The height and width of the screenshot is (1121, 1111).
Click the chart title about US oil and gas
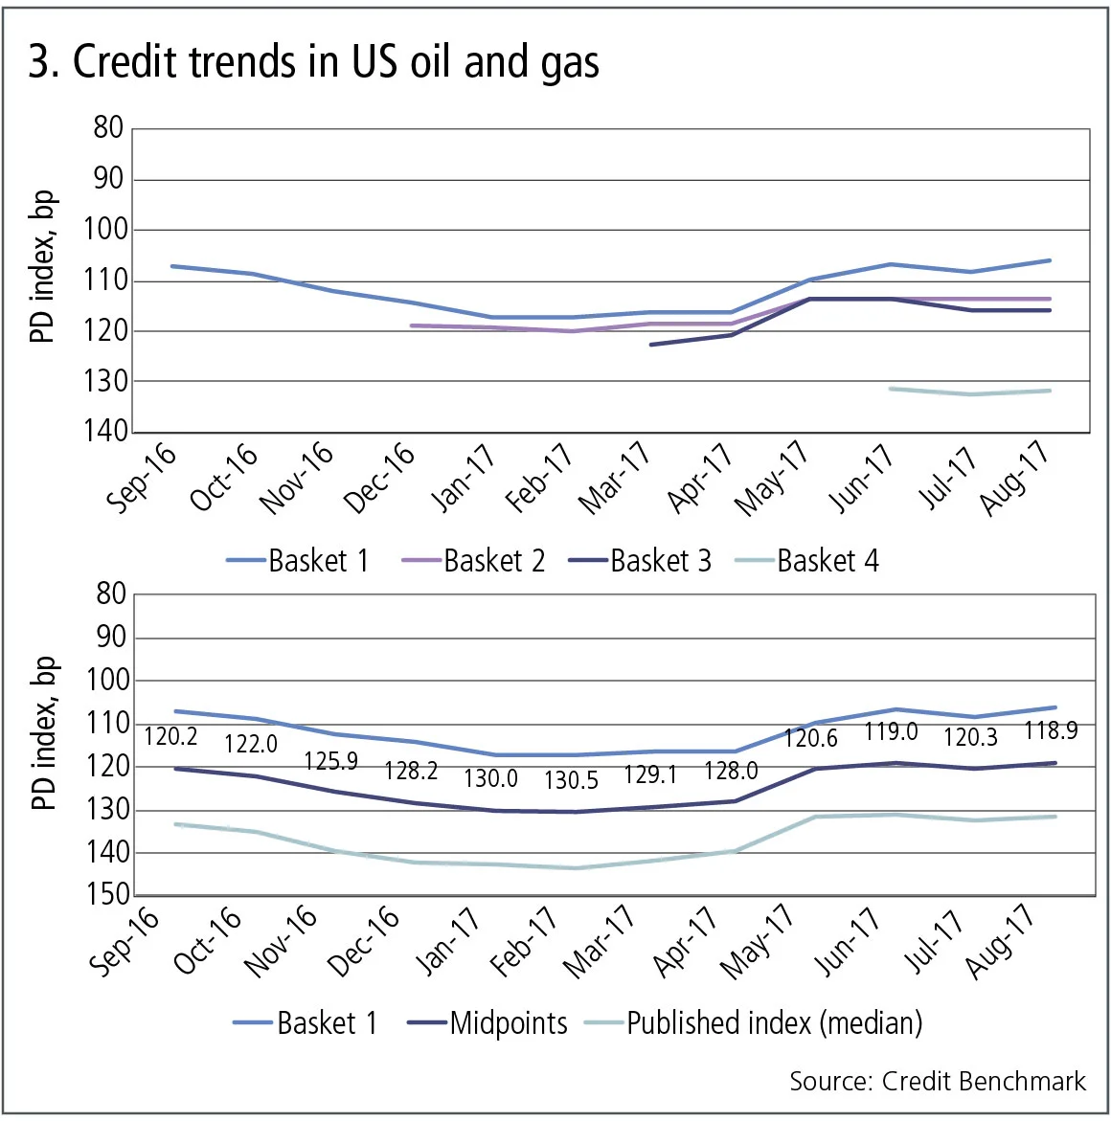click(x=313, y=62)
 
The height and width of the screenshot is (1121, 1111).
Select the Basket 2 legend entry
click(x=473, y=561)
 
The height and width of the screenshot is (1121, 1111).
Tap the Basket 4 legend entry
click(x=806, y=561)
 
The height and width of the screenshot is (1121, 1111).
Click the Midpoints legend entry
click(x=487, y=1023)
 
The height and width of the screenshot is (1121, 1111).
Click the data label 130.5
click(x=571, y=781)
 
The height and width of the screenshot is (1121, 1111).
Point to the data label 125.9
click(x=330, y=762)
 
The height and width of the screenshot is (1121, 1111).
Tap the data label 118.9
click(x=1051, y=731)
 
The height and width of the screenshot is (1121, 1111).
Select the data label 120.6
click(x=810, y=738)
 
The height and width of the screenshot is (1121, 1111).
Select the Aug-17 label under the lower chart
click(x=1000, y=942)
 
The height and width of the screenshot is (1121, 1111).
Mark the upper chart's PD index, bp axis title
click(x=43, y=267)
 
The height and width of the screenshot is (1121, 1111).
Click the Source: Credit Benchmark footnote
click(x=937, y=1082)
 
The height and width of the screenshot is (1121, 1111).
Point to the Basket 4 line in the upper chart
click(x=971, y=392)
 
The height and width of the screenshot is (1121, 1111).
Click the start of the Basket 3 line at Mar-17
click(x=651, y=344)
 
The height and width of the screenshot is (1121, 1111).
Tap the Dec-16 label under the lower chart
click(x=363, y=942)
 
